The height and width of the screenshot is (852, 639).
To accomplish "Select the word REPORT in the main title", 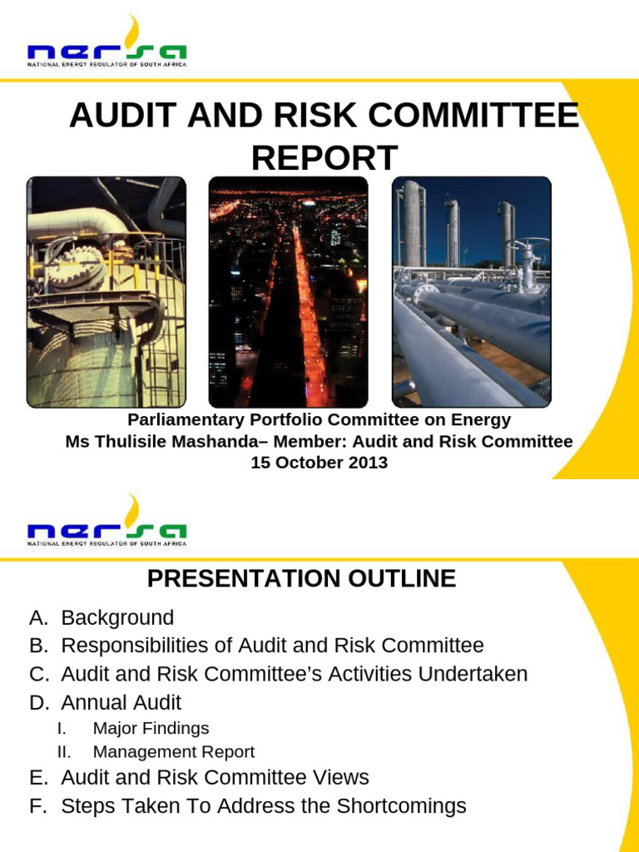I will [324, 157].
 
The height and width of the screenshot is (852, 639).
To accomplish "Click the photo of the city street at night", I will [288, 292].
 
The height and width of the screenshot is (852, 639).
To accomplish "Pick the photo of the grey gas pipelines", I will [471, 292].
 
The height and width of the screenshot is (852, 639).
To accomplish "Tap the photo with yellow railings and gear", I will [106, 292].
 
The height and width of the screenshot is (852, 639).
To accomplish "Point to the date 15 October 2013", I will [319, 463].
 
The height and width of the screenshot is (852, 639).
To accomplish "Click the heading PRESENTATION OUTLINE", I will [301, 578].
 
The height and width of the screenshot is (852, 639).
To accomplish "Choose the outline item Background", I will [117, 618].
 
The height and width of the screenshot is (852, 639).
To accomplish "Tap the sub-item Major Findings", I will [151, 729].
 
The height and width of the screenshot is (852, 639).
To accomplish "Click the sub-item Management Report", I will [173, 752].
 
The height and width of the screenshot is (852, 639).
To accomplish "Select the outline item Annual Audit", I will [121, 702].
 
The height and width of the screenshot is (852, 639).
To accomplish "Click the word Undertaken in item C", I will [473, 674].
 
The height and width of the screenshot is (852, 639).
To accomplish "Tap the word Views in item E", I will [341, 778].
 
